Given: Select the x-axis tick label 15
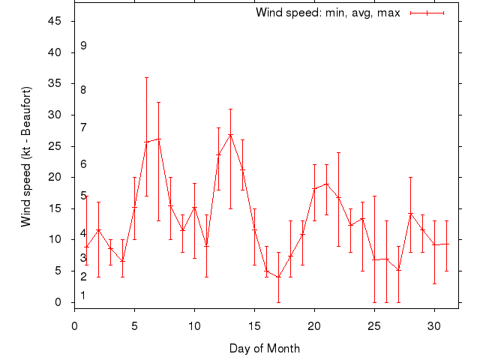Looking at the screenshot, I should (x=254, y=326).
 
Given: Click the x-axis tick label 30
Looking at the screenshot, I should (x=434, y=326).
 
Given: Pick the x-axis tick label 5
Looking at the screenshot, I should (x=134, y=326).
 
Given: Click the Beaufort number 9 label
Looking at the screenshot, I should (x=84, y=46).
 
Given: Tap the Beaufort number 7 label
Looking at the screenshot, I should (x=84, y=127).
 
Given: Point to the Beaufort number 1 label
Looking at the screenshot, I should (x=83, y=295).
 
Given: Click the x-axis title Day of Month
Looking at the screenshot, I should (x=264, y=348).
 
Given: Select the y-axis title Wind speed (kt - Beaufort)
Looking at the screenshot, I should (x=26, y=156).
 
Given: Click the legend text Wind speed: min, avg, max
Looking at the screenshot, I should (x=328, y=13).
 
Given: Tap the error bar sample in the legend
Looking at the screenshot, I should (x=427, y=13).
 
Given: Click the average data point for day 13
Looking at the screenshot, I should (x=230, y=134).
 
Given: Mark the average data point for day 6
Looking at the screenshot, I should (x=146, y=142).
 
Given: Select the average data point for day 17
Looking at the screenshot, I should (x=278, y=277).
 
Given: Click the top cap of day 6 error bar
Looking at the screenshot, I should (x=146, y=77).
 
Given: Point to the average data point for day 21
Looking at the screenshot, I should (x=326, y=184).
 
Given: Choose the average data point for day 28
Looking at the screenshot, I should (x=410, y=214).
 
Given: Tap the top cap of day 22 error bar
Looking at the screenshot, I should (x=338, y=152).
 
